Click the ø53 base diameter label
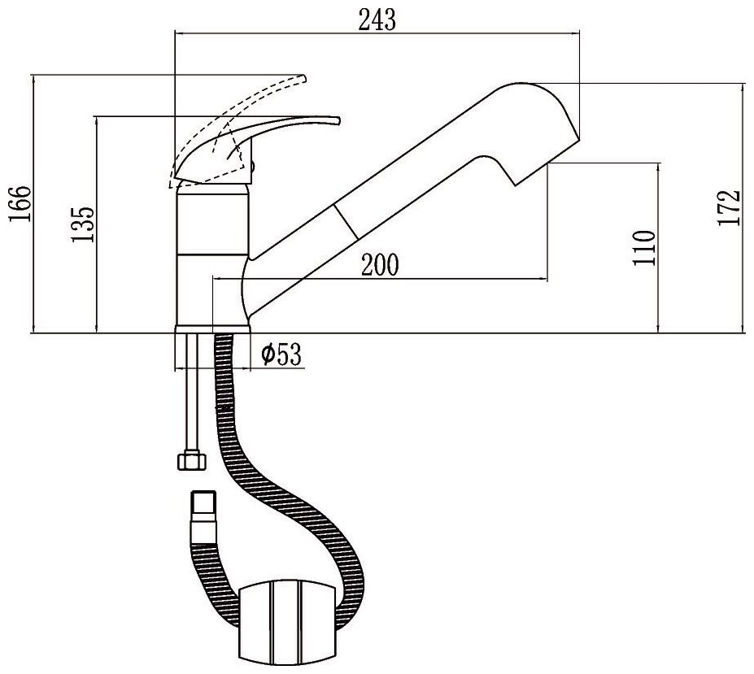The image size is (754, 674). click(281, 354)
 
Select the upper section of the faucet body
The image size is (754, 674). click(211, 220)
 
